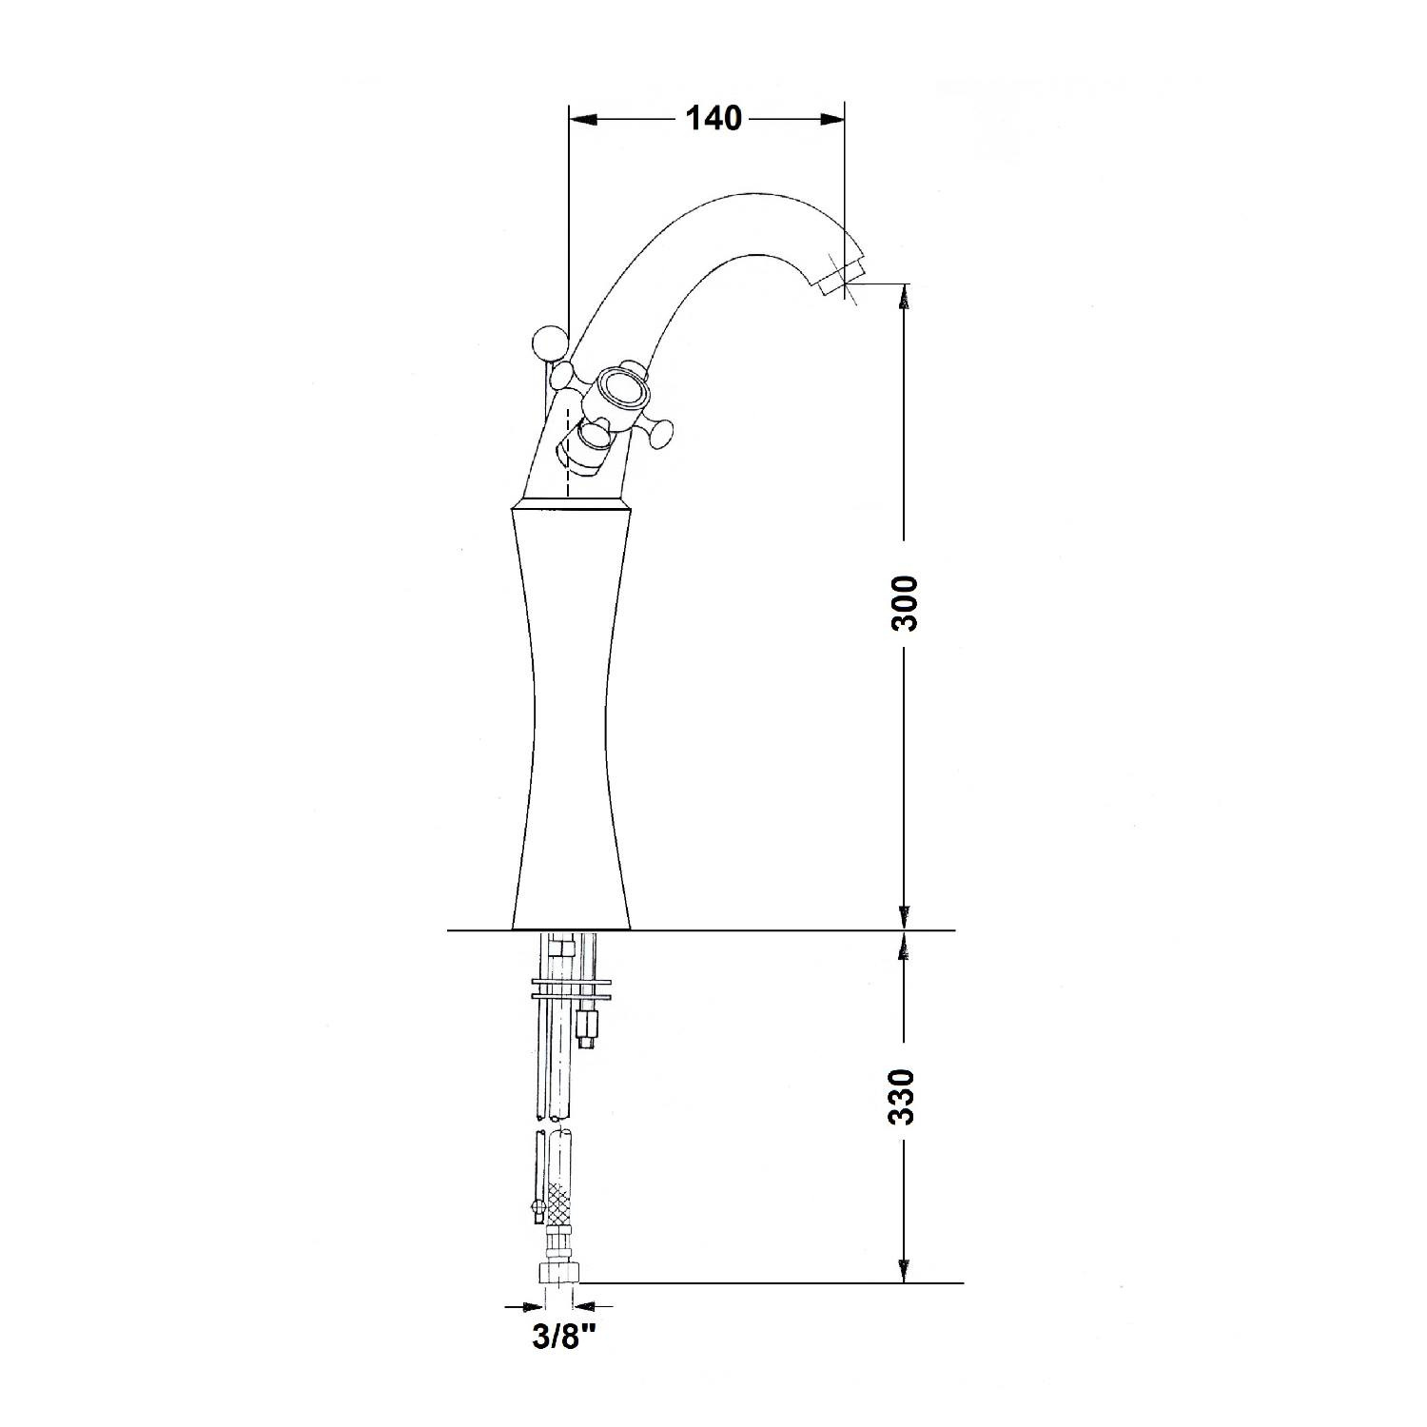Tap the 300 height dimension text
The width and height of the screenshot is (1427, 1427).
[x=904, y=603]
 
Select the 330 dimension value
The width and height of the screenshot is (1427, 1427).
[x=904, y=1097]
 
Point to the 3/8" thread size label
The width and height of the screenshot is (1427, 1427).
[x=564, y=1339]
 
